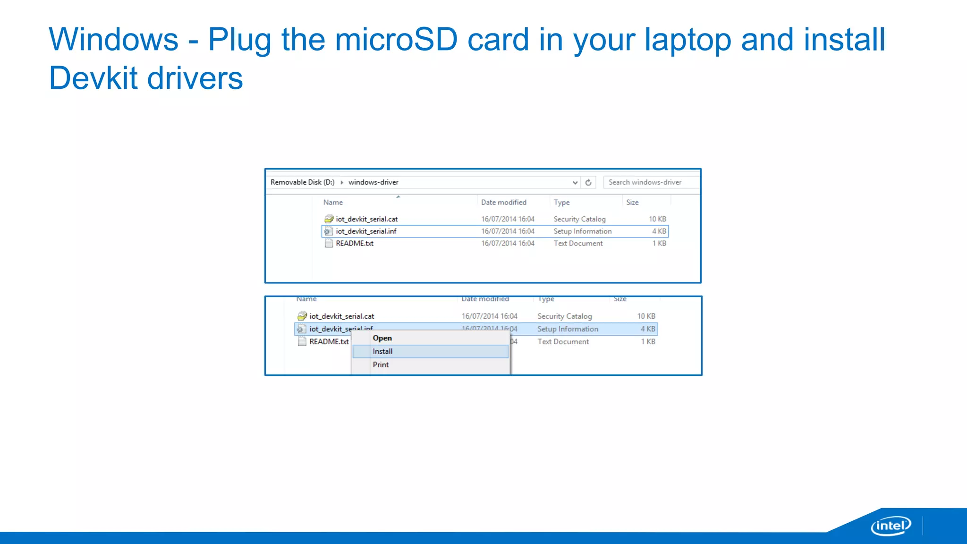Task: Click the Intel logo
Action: click(891, 526)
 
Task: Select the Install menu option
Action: click(382, 351)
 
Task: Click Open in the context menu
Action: click(382, 338)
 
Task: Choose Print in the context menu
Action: click(381, 365)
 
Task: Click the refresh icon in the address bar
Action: click(588, 182)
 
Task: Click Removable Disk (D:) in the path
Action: click(302, 182)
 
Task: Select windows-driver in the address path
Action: click(373, 182)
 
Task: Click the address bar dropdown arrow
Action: click(575, 182)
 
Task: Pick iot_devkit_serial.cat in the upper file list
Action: click(366, 219)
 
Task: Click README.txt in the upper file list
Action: click(354, 243)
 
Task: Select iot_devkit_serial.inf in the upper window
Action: click(366, 231)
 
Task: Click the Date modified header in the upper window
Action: click(503, 202)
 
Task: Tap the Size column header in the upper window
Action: click(632, 202)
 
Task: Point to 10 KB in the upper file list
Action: click(657, 219)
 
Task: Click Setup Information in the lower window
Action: click(568, 329)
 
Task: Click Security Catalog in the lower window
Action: click(564, 316)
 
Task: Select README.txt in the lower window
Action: click(329, 341)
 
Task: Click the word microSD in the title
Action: click(396, 40)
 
